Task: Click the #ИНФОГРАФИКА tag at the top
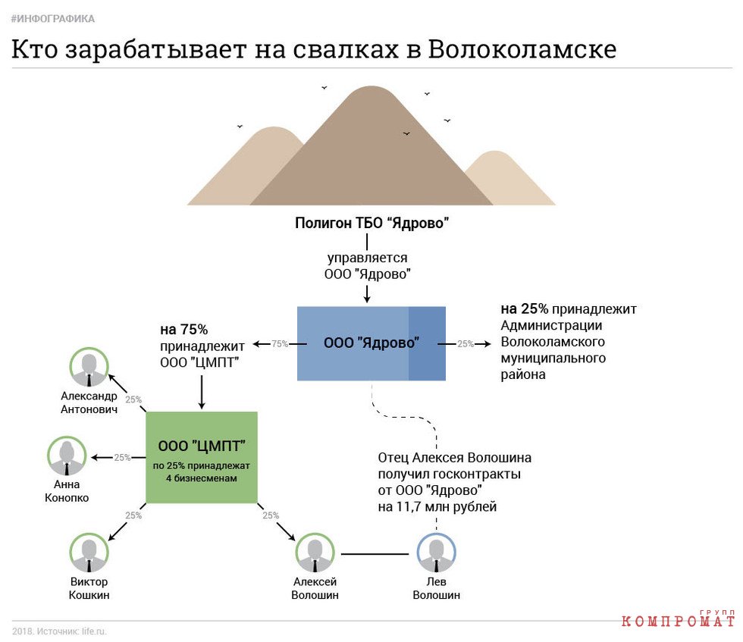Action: click(52, 19)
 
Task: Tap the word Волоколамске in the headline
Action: click(522, 49)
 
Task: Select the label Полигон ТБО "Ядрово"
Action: click(372, 223)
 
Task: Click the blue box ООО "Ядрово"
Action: click(371, 343)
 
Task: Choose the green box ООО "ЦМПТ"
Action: click(202, 457)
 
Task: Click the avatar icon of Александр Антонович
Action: click(89, 367)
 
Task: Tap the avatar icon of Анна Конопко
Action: click(67, 456)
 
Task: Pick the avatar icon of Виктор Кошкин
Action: click(89, 553)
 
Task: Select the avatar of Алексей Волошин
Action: click(315, 553)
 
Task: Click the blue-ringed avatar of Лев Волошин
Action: click(437, 553)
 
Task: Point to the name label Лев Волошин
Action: click(437, 588)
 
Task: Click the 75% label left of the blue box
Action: click(280, 344)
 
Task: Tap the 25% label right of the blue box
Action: click(466, 344)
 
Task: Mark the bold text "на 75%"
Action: click(183, 329)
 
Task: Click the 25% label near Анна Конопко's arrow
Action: click(122, 458)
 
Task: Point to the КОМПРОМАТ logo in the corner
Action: click(678, 619)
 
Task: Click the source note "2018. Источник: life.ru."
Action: click(59, 631)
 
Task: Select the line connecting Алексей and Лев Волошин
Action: click(375, 554)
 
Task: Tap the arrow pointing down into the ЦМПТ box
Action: click(202, 392)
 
